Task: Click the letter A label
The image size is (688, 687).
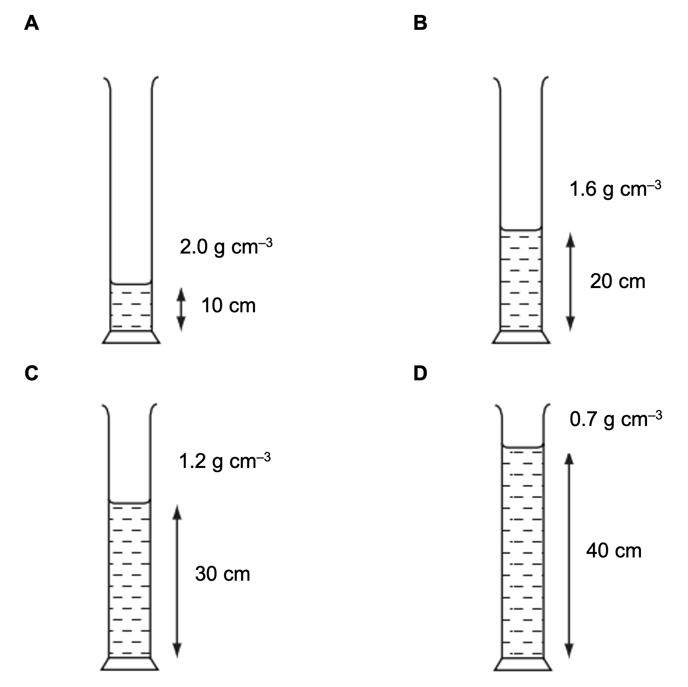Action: pos(32,22)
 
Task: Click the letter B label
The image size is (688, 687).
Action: pos(420,22)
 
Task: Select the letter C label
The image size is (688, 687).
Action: pos(32,373)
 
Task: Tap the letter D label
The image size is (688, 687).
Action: pos(420,373)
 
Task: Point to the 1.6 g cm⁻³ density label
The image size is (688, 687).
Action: pos(615,189)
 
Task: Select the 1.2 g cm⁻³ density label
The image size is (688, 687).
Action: pos(224,460)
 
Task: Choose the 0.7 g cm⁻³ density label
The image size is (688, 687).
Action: pos(615,419)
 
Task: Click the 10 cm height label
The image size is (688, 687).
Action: pos(228,306)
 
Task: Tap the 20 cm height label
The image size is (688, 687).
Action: pos(618,281)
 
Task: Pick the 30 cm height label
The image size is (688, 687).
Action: pos(222,574)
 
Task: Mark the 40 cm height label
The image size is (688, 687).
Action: pos(614,551)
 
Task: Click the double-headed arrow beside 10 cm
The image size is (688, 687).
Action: pos(181,310)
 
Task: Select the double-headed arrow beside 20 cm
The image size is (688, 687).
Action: pos(570,282)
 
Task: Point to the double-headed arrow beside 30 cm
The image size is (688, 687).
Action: pos(177,581)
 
